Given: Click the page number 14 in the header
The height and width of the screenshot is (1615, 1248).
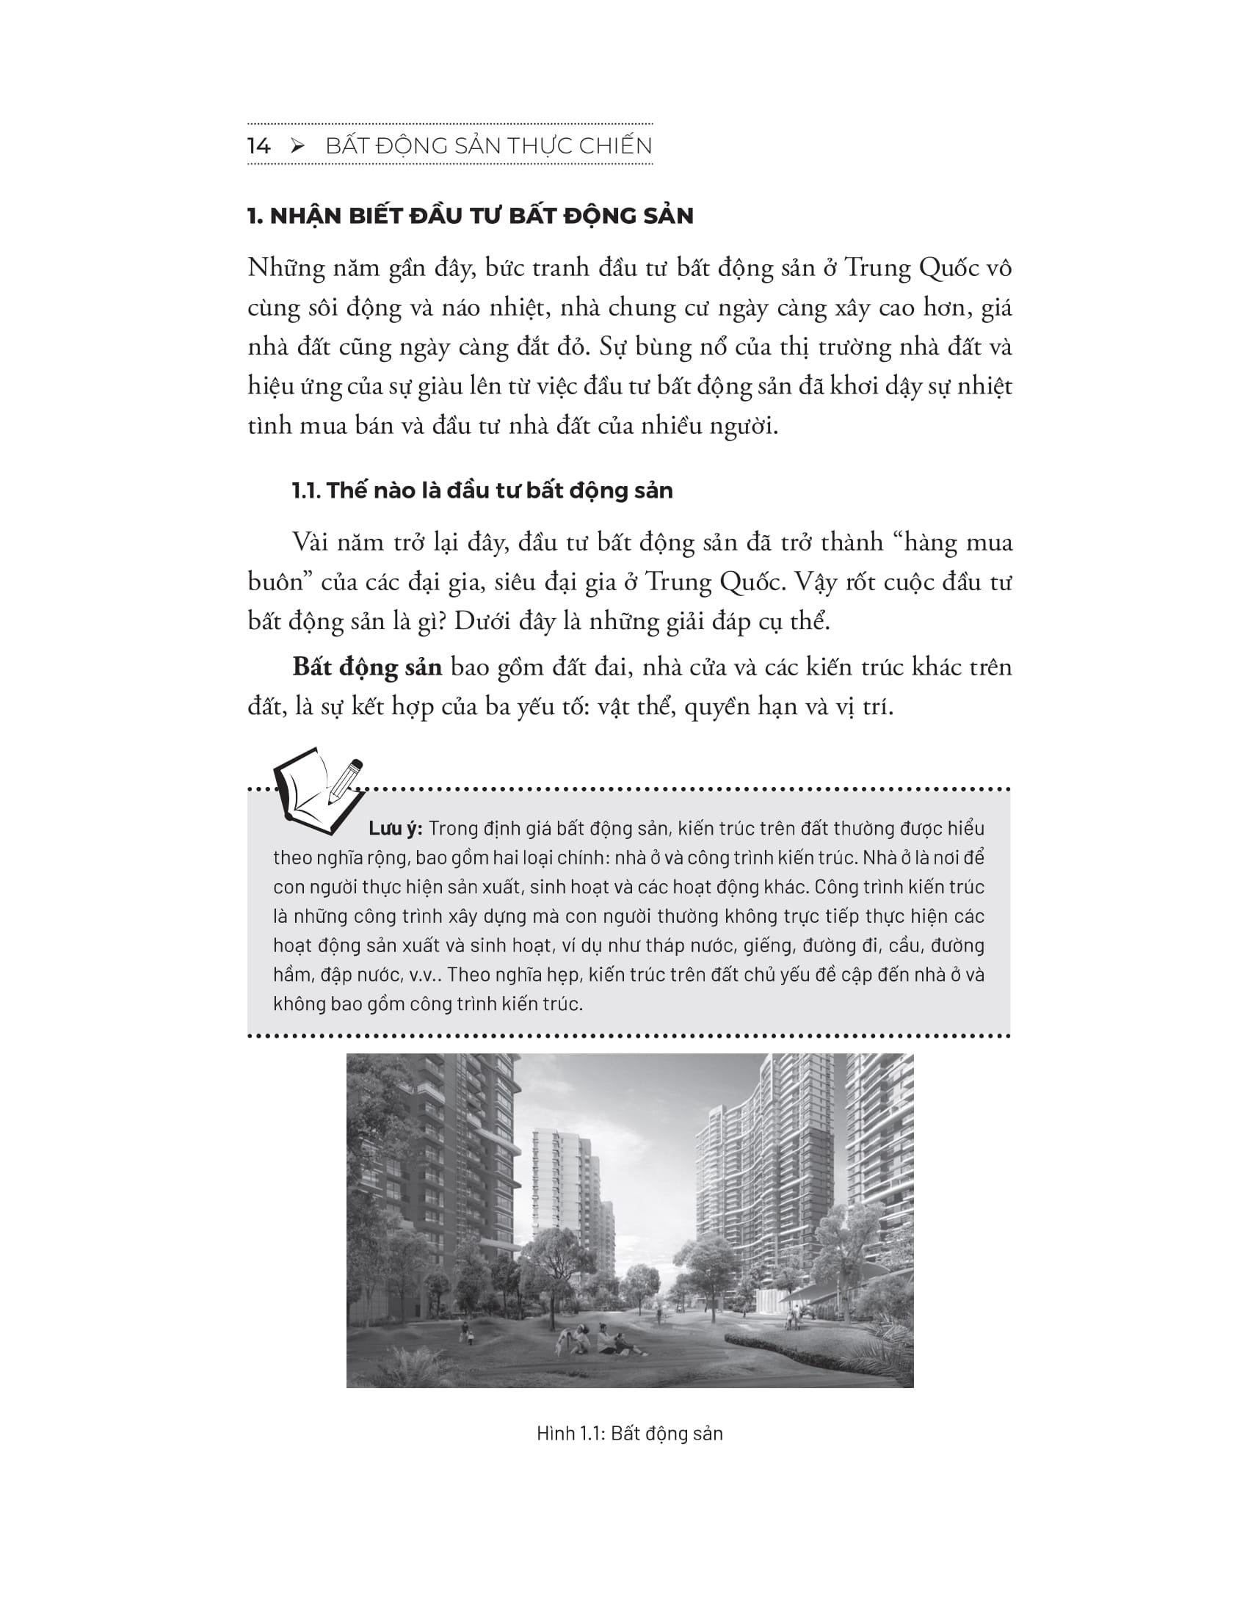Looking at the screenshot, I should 259,146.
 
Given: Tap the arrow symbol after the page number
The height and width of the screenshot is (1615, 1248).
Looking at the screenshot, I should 298,146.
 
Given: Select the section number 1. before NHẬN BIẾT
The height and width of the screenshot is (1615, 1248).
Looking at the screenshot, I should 255,216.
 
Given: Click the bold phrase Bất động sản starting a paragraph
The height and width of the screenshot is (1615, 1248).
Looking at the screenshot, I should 367,667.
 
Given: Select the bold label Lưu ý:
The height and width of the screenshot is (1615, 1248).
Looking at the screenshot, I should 395,828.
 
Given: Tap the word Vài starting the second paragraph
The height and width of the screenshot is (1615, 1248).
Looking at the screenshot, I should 313,542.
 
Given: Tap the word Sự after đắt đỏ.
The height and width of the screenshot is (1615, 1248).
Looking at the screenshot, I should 620,346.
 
